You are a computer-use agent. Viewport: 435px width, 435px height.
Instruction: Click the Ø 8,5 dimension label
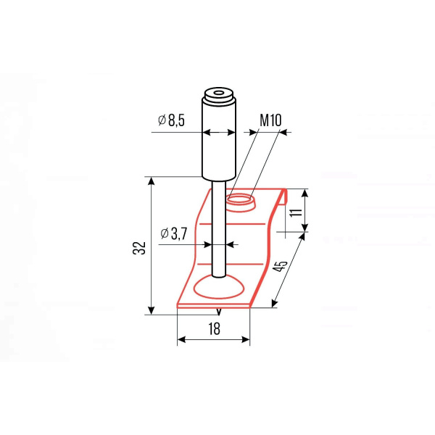(171, 120)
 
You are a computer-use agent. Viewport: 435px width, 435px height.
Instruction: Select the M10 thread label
(270, 120)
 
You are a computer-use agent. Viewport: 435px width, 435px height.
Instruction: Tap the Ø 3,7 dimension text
(174, 233)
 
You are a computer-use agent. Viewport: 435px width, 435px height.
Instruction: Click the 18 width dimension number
(214, 328)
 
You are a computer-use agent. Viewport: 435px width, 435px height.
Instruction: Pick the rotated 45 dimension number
(280, 266)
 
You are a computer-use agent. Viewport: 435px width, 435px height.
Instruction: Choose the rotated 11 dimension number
(296, 212)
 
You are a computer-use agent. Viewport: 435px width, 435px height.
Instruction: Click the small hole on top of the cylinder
(219, 92)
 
